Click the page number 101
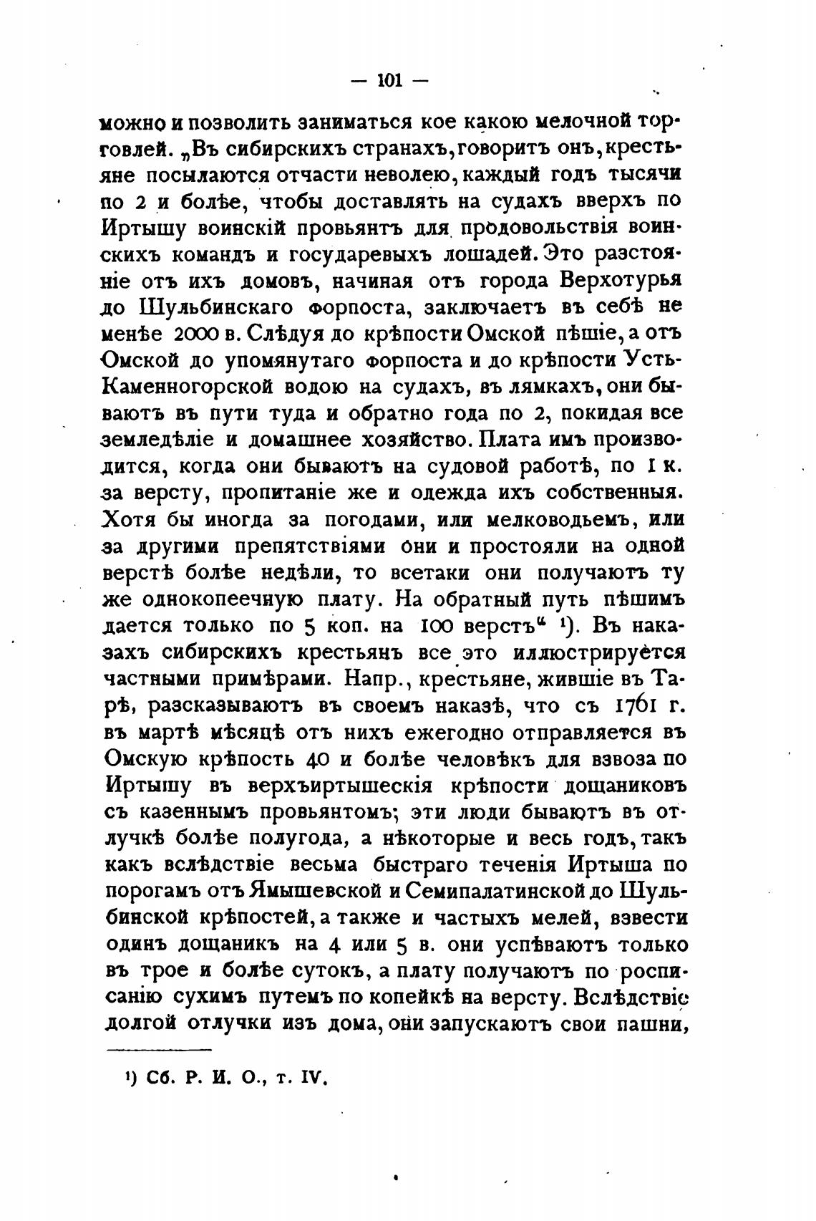390,81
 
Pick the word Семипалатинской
510,892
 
